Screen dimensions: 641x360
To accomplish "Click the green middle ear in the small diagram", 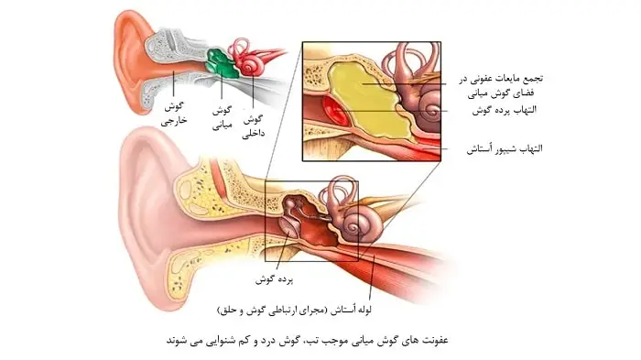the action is (x=219, y=62).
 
